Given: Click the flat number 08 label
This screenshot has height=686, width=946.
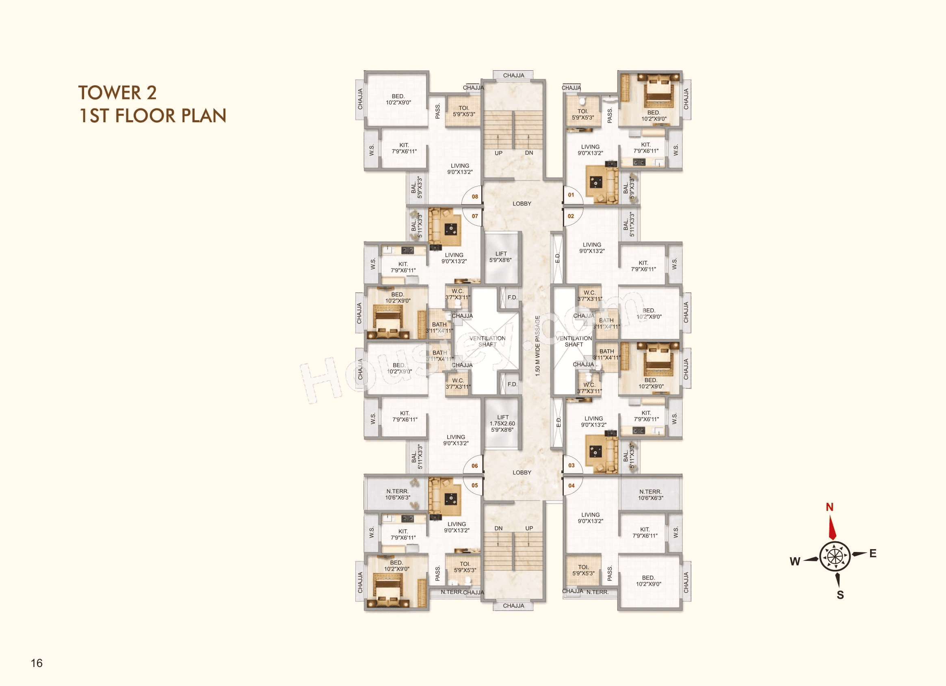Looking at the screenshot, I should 475,197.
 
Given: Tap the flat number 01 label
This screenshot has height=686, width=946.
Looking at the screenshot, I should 571,195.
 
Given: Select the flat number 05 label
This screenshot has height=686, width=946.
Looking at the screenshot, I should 475,485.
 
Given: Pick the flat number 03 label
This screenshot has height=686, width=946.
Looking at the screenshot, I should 571,465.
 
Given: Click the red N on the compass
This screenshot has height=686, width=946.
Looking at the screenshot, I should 829,507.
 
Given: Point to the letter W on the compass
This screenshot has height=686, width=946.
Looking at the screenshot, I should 794,561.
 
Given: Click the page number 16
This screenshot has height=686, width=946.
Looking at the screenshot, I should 37,663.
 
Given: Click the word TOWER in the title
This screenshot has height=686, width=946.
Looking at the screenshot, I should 110,93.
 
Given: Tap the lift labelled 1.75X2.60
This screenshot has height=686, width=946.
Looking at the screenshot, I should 502,423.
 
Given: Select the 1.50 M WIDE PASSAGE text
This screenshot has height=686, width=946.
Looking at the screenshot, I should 538,346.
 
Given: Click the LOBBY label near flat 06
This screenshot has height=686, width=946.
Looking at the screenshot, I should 522,472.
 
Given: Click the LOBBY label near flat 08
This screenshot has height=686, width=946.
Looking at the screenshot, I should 522,203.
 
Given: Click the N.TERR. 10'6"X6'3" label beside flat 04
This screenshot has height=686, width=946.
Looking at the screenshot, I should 650,495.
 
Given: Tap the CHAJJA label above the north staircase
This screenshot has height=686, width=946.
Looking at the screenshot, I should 513,76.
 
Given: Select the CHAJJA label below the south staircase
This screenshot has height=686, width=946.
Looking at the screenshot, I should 513,606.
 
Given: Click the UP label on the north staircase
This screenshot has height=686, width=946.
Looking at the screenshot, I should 498,153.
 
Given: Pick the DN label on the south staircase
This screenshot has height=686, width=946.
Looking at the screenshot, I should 498,528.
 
